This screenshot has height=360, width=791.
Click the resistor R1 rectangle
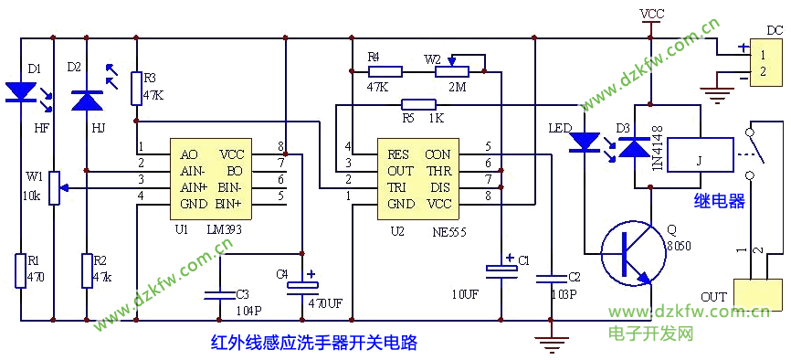pos(20,270)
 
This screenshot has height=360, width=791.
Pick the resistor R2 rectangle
pos(87,270)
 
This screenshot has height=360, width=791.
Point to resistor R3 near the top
pos(136,89)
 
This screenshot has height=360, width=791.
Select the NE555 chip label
pos(448,231)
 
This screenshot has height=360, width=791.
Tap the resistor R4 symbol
pos(385,71)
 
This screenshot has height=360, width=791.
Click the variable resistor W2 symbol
pos(451,69)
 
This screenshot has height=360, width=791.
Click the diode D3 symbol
pos(634,146)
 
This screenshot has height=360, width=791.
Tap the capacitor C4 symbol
pos(302,285)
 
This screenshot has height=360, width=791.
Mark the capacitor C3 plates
pos(219,294)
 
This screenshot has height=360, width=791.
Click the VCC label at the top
pos(652,14)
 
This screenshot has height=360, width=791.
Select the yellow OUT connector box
pos(755,295)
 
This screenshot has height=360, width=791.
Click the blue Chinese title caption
pos(313,343)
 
